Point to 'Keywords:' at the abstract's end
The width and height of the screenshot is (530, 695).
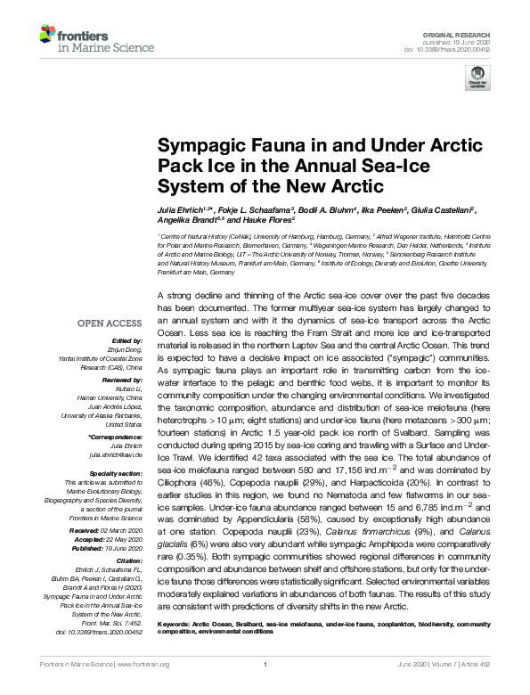point(175,637)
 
